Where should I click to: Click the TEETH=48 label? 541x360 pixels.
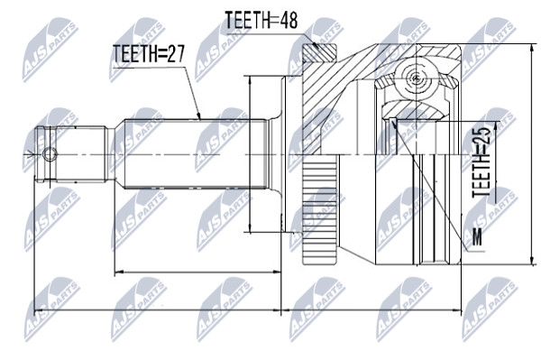click(261, 20)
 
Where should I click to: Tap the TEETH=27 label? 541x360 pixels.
click(149, 54)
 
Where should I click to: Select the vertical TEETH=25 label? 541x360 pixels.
click(481, 162)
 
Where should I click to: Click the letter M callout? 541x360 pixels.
click(477, 236)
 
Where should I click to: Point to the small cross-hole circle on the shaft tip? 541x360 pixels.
click(50, 154)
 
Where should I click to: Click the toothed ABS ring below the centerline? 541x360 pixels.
click(319, 209)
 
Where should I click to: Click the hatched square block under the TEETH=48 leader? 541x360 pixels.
click(319, 53)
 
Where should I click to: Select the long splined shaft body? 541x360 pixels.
click(196, 154)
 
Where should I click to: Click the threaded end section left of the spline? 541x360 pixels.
click(70, 154)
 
